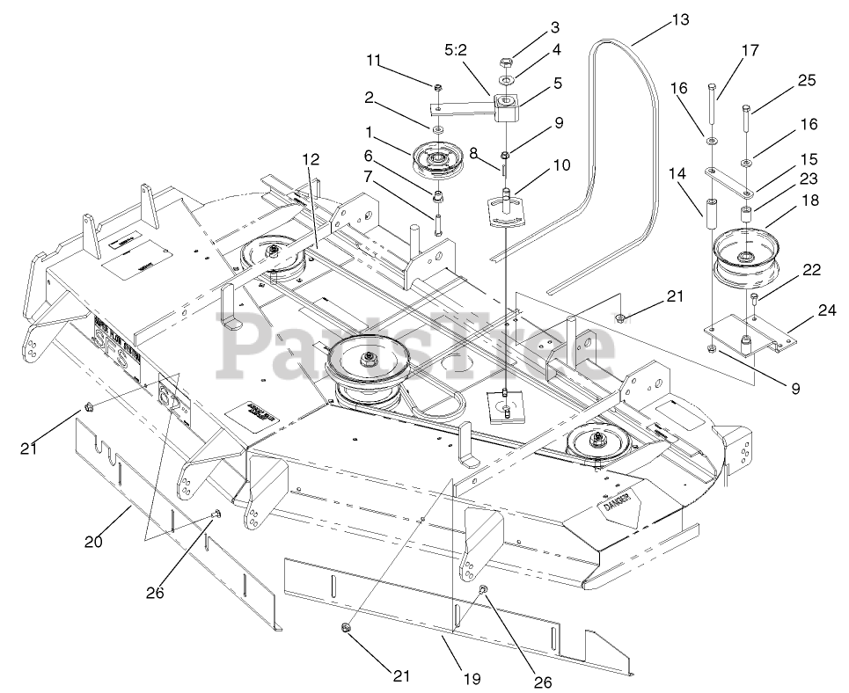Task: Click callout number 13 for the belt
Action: [x=680, y=18]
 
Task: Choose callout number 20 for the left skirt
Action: [x=93, y=542]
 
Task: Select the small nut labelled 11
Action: [x=437, y=87]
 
